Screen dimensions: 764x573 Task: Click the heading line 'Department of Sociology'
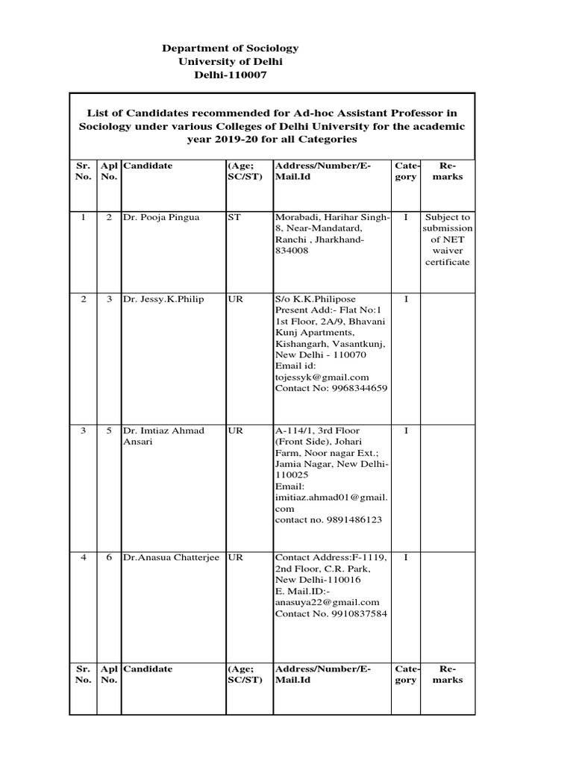pyautogui.click(x=230, y=48)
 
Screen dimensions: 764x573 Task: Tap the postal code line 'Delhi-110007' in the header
pyautogui.click(x=230, y=75)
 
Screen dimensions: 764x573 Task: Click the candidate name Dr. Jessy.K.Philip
pyautogui.click(x=163, y=299)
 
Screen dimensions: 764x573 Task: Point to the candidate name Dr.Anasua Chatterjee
pyautogui.click(x=172, y=557)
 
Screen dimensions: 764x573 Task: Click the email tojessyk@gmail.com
pyautogui.click(x=322, y=377)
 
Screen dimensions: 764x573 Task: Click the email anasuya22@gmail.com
pyautogui.click(x=328, y=602)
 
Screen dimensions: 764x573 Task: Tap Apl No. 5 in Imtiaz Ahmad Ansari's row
pyautogui.click(x=109, y=430)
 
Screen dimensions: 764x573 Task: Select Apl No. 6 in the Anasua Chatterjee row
pyautogui.click(x=109, y=557)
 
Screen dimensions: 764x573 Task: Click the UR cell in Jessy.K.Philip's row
pyautogui.click(x=234, y=299)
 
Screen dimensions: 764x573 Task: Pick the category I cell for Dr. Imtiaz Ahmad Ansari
pyautogui.click(x=405, y=430)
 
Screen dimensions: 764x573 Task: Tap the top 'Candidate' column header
pyautogui.click(x=148, y=166)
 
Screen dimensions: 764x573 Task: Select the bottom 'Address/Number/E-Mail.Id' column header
pyautogui.click(x=323, y=674)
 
